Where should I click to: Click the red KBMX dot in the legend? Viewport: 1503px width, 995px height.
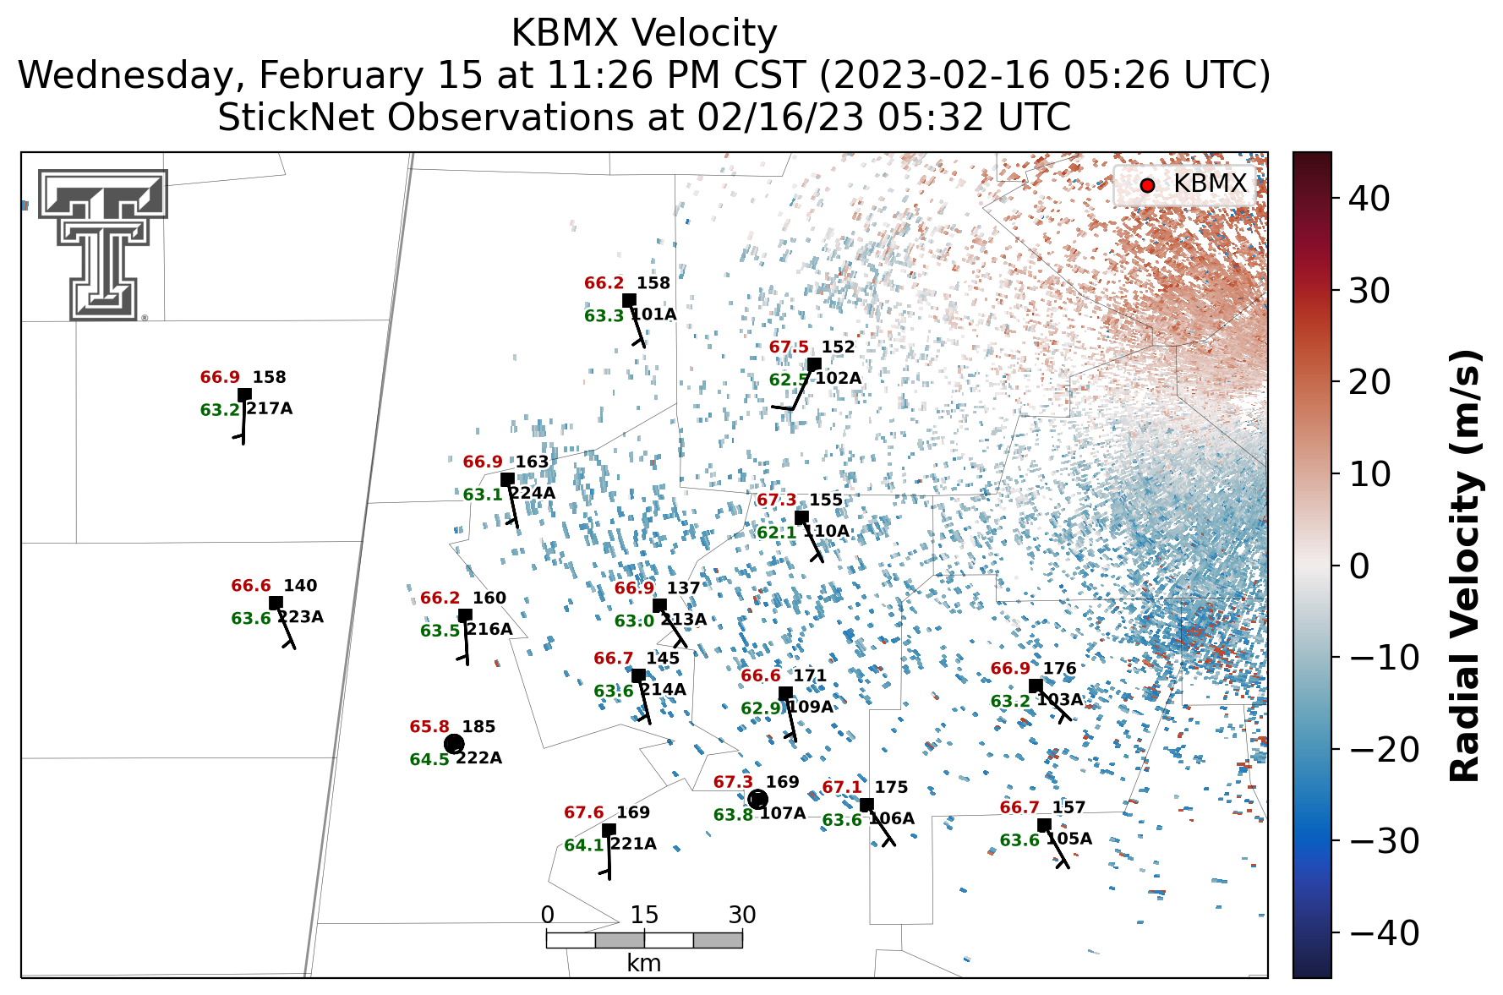(x=1146, y=185)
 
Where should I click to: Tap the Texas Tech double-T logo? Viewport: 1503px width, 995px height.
(x=102, y=245)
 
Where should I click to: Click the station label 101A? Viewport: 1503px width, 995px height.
(x=653, y=314)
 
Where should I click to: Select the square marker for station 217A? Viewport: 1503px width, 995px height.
(x=244, y=394)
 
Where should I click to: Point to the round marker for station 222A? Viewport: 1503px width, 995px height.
(x=454, y=744)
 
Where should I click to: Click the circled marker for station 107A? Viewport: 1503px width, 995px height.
(x=757, y=799)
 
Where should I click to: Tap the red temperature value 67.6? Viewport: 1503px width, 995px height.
(x=584, y=812)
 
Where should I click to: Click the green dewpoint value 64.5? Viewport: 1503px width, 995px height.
(x=429, y=759)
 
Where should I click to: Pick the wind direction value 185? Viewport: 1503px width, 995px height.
(x=479, y=726)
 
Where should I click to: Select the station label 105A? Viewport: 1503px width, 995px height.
(x=1068, y=839)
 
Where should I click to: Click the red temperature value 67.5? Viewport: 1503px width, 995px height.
(x=789, y=347)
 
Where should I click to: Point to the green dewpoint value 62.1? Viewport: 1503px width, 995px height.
(x=776, y=532)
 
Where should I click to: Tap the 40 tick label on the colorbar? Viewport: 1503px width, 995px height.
(x=1369, y=199)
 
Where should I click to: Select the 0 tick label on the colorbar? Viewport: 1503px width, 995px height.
(x=1359, y=566)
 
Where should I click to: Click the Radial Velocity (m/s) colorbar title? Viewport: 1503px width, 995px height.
(x=1466, y=566)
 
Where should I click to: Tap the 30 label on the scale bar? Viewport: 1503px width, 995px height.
(x=742, y=915)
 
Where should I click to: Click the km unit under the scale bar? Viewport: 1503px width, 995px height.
(x=644, y=963)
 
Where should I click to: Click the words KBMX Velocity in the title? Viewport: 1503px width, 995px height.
(x=644, y=34)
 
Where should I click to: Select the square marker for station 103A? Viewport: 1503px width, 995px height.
(x=1036, y=686)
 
